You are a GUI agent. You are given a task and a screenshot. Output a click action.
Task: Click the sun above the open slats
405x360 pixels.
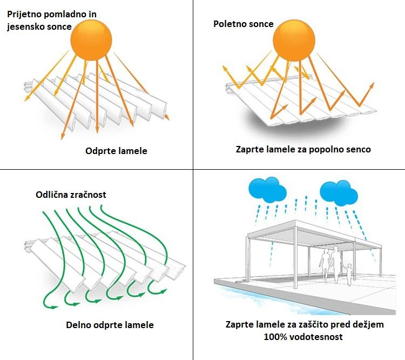(x=91, y=41)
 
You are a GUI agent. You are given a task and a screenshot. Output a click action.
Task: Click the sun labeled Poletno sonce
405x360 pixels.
(x=294, y=41)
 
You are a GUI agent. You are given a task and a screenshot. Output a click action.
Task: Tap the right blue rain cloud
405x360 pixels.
(x=339, y=192)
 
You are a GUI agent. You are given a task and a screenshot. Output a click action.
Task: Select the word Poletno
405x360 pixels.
(x=228, y=24)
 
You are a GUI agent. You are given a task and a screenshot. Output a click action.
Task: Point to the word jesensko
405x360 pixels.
(x=23, y=27)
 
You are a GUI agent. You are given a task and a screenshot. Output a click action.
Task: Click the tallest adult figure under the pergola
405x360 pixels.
(x=335, y=264)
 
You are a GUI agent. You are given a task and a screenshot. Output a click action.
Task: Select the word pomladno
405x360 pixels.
(x=65, y=15)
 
